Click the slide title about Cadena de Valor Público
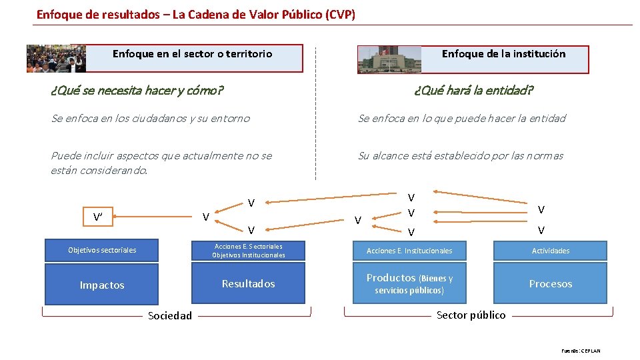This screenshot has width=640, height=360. pyautogui.click(x=196, y=14)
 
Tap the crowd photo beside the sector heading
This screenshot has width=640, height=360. pyautogui.click(x=56, y=59)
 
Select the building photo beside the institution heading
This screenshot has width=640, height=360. pyautogui.click(x=390, y=59)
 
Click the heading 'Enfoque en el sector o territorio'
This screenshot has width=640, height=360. pyautogui.click(x=192, y=54)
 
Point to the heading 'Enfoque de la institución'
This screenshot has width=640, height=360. pyautogui.click(x=503, y=54)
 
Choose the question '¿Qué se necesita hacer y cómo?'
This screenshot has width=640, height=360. pyautogui.click(x=137, y=90)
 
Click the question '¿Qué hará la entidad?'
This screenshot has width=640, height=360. pyautogui.click(x=473, y=90)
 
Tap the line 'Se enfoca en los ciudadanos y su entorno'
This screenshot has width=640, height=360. pyautogui.click(x=151, y=119)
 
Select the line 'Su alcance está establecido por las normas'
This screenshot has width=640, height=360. pyautogui.click(x=461, y=156)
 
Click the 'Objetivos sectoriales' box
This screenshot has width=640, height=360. pyautogui.click(x=102, y=250)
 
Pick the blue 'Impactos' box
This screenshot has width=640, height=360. pyautogui.click(x=102, y=285)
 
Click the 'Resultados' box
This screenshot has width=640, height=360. pyautogui.click(x=248, y=284)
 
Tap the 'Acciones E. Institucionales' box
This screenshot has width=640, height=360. pyautogui.click(x=409, y=251)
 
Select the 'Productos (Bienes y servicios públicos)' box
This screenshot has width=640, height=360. pyautogui.click(x=409, y=284)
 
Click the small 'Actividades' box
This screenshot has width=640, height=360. pyautogui.click(x=551, y=251)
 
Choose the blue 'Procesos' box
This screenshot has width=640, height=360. pyautogui.click(x=551, y=284)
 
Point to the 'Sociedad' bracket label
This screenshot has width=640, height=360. pyautogui.click(x=169, y=315)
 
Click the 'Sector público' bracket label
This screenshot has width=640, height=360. pyautogui.click(x=471, y=315)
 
